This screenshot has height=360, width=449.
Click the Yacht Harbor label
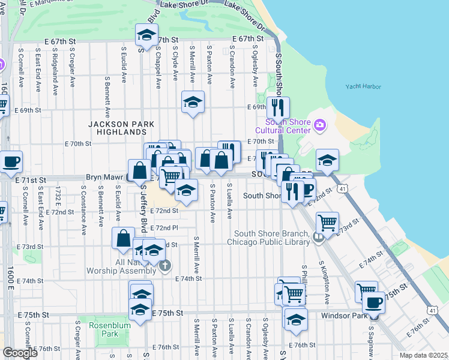pos(363,86)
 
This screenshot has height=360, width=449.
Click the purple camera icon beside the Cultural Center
pos(320,125)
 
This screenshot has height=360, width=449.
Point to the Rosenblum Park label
pos(105,329)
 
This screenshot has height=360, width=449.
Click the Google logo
pos(20,353)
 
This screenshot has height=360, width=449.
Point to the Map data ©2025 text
pos(423,355)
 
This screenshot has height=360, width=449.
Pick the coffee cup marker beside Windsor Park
pos(373,302)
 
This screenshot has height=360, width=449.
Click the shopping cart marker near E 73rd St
pos(327,223)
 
